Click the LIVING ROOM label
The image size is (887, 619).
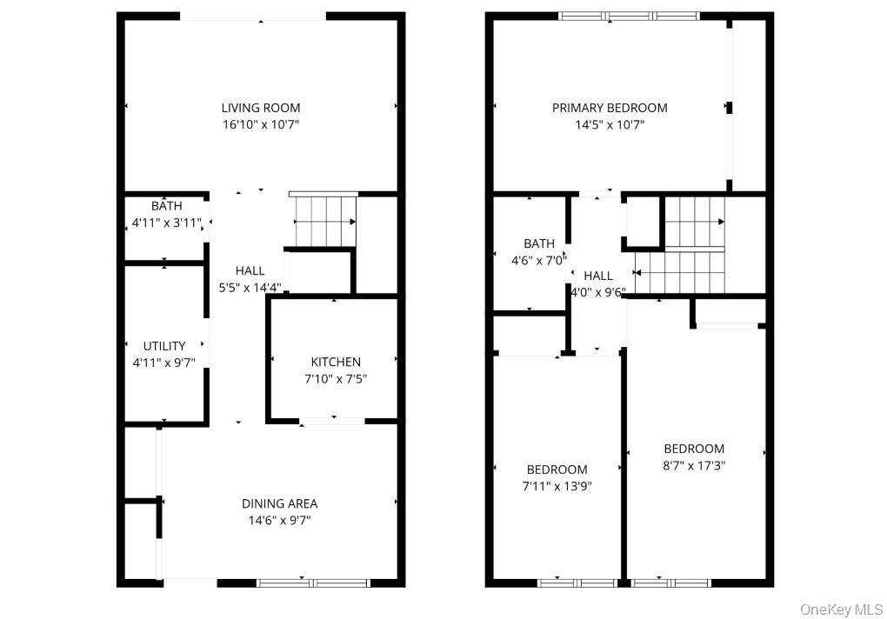coord(261,108)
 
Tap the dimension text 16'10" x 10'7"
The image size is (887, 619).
coord(261,124)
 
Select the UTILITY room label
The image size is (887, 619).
coord(165,346)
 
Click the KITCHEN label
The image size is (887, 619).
coord(336,362)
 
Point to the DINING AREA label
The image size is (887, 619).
coord(279,503)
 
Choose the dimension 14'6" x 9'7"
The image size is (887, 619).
coord(279,520)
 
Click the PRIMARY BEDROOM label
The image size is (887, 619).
coord(610,108)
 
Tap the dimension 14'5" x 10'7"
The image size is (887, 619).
coord(610,124)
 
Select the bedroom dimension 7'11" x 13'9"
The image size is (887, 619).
coord(557,486)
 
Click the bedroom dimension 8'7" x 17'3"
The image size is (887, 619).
coord(694,465)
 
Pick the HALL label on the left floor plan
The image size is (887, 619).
coord(250,271)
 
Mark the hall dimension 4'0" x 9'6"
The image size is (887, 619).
coord(597,292)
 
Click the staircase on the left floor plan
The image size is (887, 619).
coord(325,221)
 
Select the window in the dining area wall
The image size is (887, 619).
coord(313,582)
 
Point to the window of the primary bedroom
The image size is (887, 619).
coord(629,16)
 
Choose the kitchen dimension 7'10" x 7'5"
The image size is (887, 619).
coord(336,378)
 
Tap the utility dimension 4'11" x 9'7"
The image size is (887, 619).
coord(165,363)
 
